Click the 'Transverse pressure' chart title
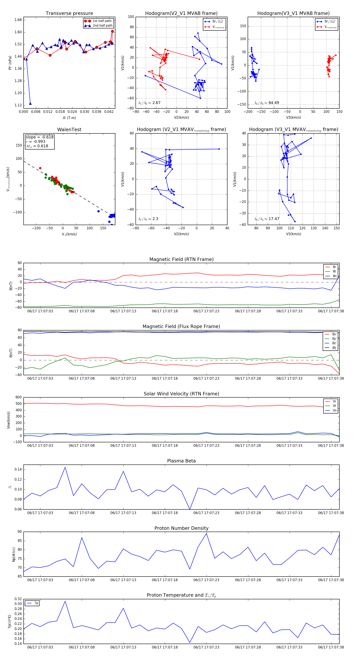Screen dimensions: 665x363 coord(69,14)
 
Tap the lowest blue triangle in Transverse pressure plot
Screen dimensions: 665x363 coord(30,104)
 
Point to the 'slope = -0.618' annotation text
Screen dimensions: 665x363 coord(40,137)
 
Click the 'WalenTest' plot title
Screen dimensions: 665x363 coord(69,130)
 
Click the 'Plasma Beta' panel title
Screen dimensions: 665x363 coord(181,461)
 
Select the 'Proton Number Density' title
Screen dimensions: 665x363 coord(181,528)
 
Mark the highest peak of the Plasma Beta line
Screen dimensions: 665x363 coord(65,467)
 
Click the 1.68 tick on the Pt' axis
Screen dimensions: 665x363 coord(18,20)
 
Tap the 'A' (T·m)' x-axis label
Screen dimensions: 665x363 coord(69,118)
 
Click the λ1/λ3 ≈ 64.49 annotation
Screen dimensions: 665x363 coord(267,103)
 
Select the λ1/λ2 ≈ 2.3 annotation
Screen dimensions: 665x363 coord(148,219)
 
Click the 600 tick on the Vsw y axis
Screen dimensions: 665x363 coord(19,397)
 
